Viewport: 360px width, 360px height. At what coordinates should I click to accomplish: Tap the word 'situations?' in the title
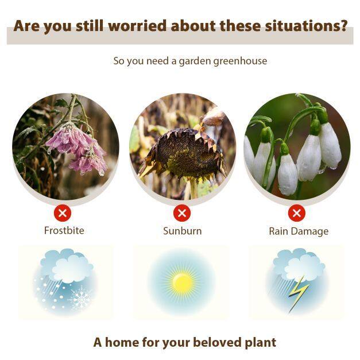(x=306, y=25)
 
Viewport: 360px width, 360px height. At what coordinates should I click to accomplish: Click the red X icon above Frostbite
(x=63, y=213)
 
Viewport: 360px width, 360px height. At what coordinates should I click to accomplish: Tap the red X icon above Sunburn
(x=182, y=213)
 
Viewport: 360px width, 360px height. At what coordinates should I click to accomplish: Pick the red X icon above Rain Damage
(x=297, y=213)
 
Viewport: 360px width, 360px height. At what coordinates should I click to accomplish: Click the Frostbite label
(x=64, y=230)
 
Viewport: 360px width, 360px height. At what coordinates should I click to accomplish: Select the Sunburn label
(x=182, y=231)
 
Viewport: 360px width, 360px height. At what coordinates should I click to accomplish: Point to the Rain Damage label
(x=299, y=231)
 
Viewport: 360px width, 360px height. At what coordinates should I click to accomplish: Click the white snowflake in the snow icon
(x=80, y=298)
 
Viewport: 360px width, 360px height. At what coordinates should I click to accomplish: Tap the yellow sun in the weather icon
(x=182, y=282)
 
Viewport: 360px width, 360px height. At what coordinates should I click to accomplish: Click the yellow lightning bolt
(x=298, y=294)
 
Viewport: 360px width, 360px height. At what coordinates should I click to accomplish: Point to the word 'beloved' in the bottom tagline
(x=218, y=342)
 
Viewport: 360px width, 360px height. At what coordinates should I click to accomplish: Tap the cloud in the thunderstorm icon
(x=299, y=264)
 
